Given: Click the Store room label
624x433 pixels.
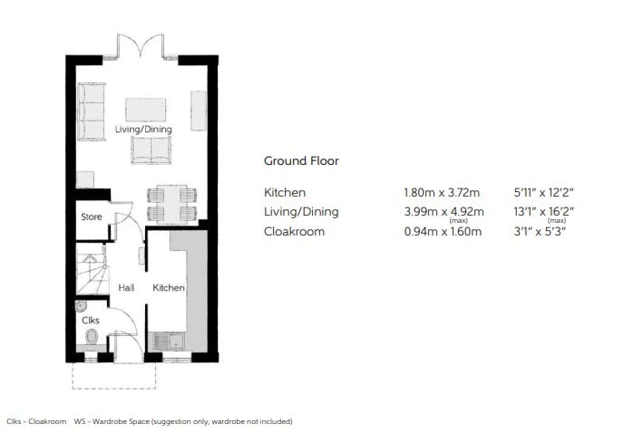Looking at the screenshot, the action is [x=92, y=216].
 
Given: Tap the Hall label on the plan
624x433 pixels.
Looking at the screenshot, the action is [x=126, y=287].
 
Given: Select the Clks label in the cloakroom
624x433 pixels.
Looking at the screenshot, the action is [x=91, y=320].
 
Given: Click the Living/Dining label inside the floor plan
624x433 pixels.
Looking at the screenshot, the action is [x=143, y=130].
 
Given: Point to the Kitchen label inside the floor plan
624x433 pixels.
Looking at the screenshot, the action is [x=169, y=287].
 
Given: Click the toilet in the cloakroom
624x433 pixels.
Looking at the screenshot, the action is [x=92, y=337].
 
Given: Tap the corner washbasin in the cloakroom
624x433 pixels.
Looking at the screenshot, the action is [x=81, y=306].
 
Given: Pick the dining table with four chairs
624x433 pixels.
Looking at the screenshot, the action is [x=172, y=204].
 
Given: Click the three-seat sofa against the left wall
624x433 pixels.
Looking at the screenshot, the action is [x=92, y=111].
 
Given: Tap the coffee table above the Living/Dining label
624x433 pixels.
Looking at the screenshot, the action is [x=146, y=110].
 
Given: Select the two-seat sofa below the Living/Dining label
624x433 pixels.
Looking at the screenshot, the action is [x=151, y=150].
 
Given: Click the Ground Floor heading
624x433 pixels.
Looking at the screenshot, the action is [x=302, y=161].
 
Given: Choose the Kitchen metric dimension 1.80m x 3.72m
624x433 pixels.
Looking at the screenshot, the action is [x=442, y=193].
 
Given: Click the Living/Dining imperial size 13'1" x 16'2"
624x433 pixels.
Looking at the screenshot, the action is [x=543, y=212].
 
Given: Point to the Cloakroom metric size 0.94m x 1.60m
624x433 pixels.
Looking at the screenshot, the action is [x=443, y=231].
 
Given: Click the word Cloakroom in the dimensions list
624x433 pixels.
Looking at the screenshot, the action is [x=294, y=231].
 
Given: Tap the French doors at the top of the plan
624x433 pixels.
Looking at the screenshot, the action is [x=140, y=47].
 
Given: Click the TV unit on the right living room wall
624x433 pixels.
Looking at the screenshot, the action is [x=199, y=111].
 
